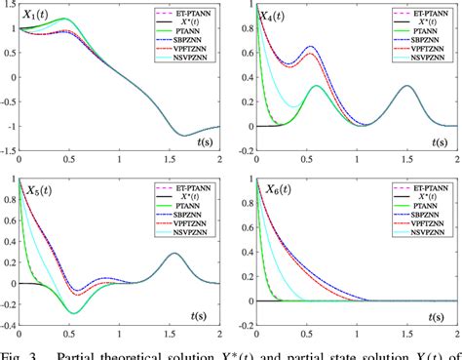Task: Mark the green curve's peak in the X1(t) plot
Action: coord(66,20)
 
